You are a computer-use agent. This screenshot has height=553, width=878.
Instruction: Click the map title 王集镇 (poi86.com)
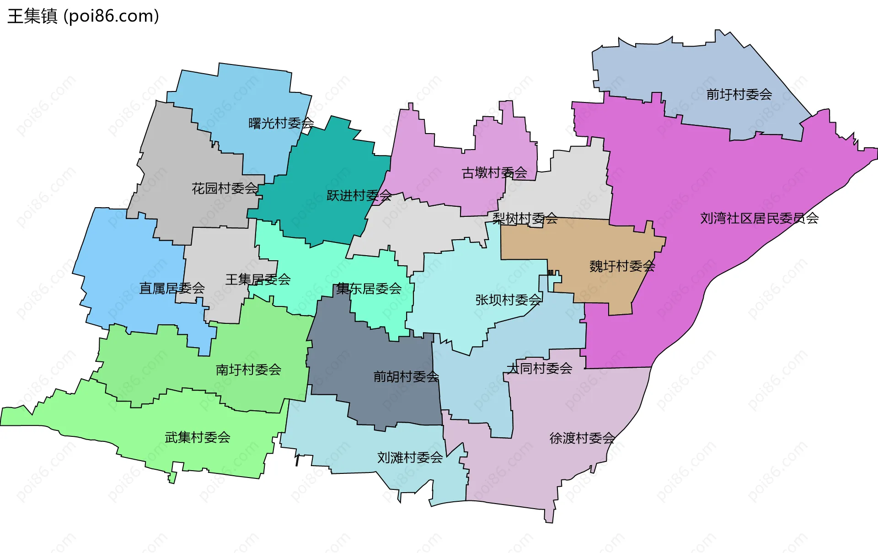[83, 16]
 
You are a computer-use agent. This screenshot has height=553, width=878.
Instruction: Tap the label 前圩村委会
[739, 95]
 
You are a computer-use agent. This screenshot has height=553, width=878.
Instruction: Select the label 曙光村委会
[281, 123]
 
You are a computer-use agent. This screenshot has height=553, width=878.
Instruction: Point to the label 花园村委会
[225, 188]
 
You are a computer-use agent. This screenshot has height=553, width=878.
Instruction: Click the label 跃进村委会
[359, 196]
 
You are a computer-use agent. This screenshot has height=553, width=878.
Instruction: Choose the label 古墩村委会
[494, 173]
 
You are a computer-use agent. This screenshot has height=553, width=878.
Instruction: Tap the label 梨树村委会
[525, 219]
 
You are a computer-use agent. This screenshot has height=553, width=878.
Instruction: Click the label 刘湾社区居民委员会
[759, 218]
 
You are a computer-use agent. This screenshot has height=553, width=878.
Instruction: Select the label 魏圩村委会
[622, 266]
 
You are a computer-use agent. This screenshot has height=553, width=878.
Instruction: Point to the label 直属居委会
[172, 288]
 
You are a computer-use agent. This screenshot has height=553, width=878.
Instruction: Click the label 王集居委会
[258, 279]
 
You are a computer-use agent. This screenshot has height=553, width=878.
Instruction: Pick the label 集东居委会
[369, 289]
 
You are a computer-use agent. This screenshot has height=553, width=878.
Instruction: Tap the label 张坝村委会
[509, 300]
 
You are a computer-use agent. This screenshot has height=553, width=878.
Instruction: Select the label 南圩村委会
[248, 370]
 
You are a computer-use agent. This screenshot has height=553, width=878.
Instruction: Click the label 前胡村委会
[406, 376]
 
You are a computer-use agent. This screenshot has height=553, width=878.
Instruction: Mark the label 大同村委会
[540, 368]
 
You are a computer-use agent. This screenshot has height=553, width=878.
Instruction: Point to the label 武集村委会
[198, 437]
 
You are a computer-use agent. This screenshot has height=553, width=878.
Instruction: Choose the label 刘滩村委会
[410, 457]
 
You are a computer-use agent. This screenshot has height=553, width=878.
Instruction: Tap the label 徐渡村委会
[582, 438]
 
